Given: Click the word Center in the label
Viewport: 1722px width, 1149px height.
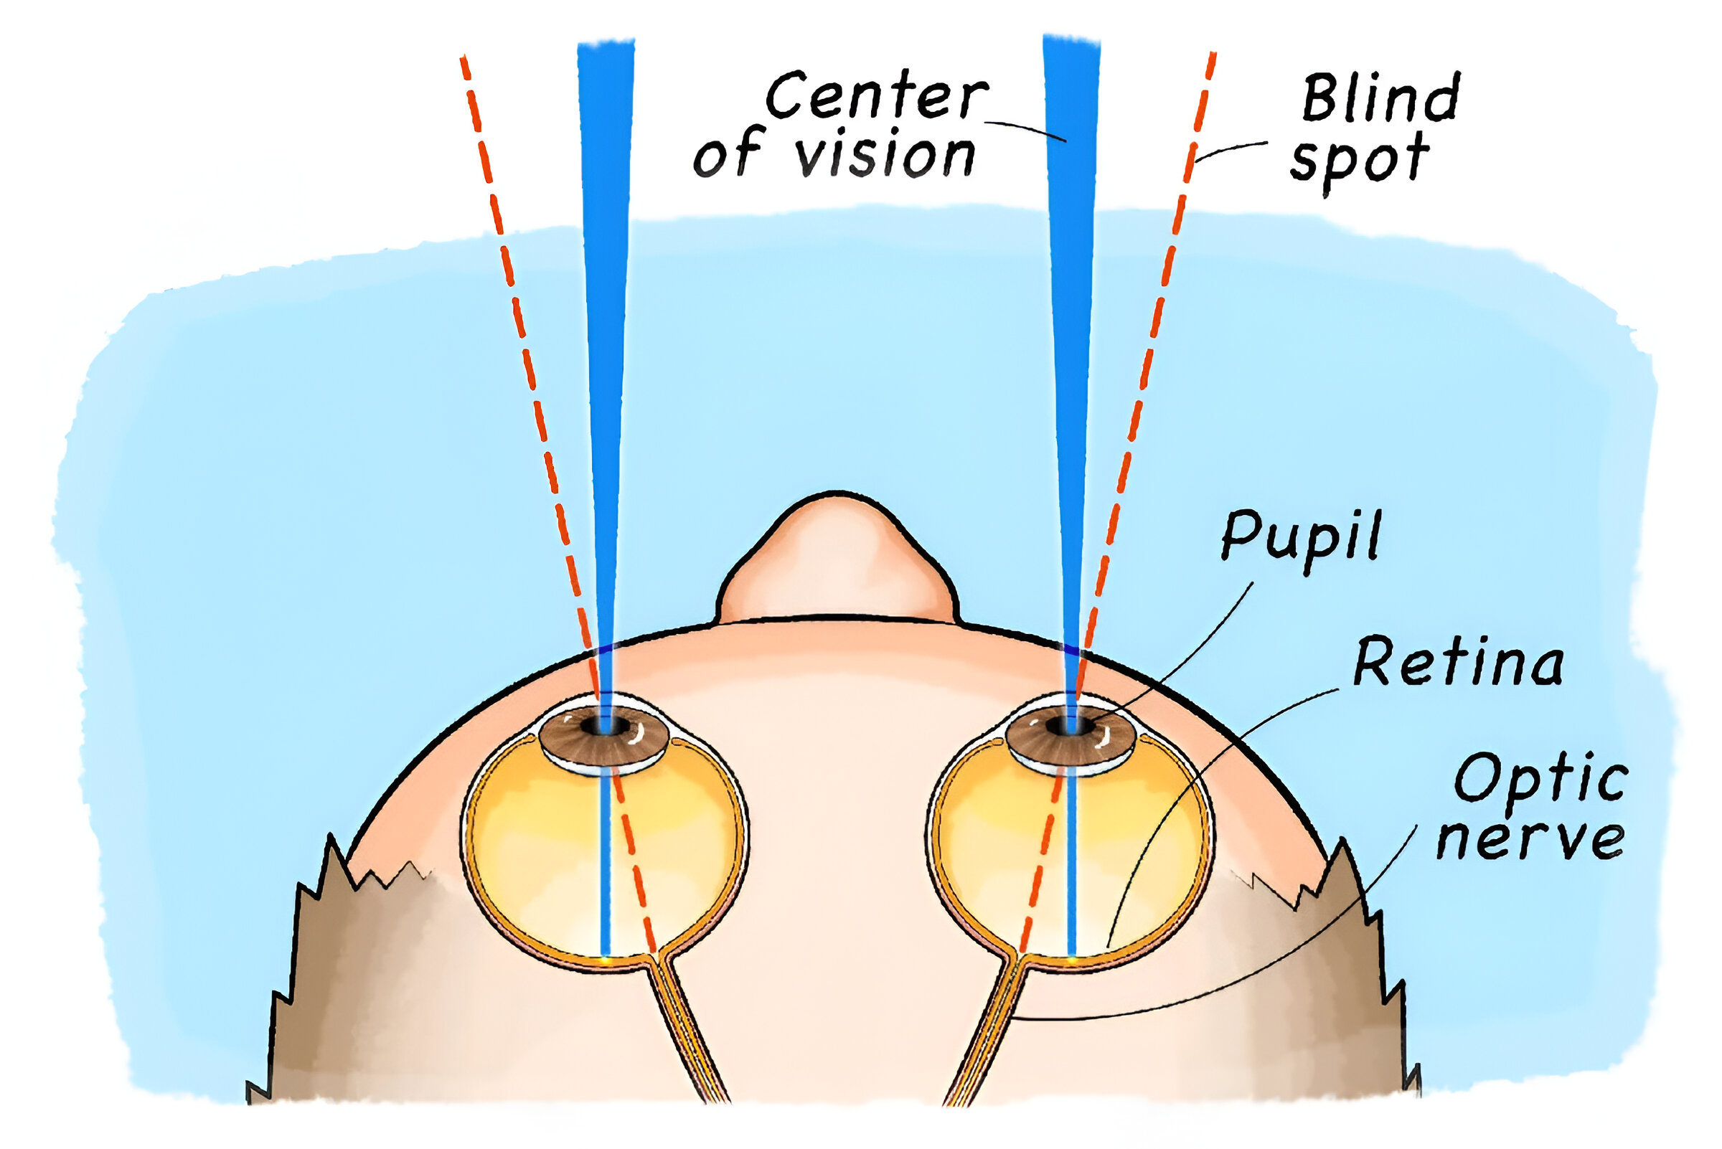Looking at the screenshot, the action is pos(877,95).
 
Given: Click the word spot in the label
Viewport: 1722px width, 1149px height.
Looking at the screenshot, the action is pos(1360,162).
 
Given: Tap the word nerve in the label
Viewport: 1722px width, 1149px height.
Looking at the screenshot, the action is pos(1530,838).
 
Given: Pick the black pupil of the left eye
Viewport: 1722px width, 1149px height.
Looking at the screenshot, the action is pos(605,726).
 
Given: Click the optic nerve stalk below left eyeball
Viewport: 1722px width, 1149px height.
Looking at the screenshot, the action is pos(689,1034).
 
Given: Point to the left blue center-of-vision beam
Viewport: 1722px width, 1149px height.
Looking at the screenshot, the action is pos(606,367).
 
